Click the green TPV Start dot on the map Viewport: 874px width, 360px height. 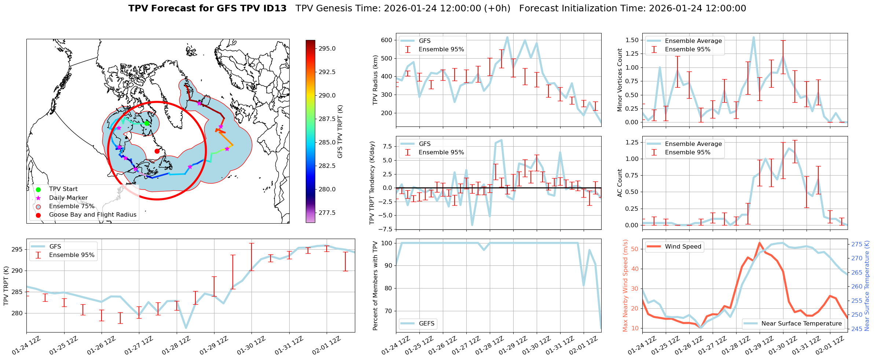[147, 123]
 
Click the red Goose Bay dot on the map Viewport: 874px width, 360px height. [157, 151]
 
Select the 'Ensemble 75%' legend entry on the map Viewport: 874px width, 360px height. [71, 206]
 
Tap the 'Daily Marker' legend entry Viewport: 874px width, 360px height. [68, 198]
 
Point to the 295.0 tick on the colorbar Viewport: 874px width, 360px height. [327, 49]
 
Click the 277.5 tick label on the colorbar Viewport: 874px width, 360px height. [327, 213]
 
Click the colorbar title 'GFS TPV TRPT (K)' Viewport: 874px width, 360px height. [340, 131]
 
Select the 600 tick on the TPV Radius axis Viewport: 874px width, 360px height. [387, 40]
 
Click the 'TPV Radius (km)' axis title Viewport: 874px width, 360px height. [375, 80]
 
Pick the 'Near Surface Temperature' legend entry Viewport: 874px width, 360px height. [801, 324]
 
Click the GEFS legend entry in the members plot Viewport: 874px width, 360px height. [426, 324]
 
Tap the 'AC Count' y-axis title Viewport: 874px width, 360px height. [620, 183]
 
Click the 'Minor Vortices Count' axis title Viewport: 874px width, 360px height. [620, 80]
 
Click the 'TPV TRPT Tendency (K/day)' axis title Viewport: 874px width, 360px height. [372, 183]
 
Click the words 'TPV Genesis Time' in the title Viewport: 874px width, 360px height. [338, 8]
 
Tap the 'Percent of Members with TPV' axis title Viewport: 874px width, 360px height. [375, 286]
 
